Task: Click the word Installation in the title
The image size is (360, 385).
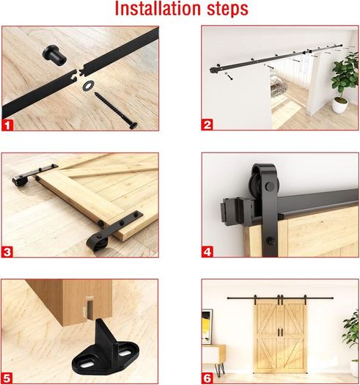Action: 158,9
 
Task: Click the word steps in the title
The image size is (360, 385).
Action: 227,10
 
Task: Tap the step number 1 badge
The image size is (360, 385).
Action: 7,125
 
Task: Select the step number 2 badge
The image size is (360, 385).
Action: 207,125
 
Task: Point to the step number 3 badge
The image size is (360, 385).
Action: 7,252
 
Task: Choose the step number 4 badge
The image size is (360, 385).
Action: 207,252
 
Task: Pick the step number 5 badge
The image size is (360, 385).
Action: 7,378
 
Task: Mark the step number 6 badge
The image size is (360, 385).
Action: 207,378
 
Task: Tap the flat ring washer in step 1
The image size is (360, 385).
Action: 88,85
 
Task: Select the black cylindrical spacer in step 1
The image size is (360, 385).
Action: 54,54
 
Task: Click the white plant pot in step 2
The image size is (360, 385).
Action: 340,105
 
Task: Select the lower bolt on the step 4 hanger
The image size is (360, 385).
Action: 270,240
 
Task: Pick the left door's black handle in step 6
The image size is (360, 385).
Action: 279,332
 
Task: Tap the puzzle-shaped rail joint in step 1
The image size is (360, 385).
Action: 79,72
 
